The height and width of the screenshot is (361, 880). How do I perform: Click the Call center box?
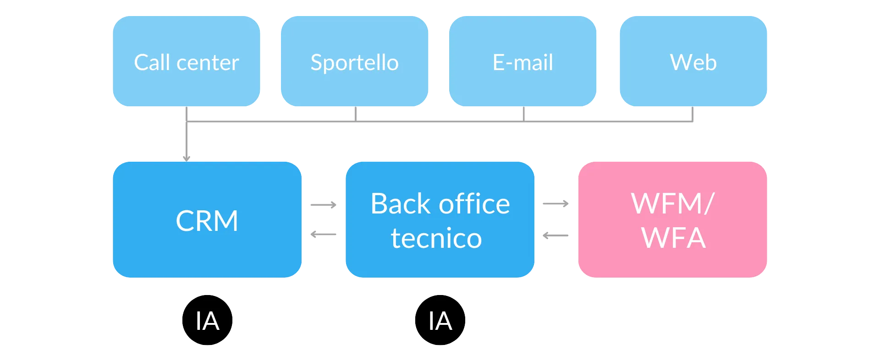click(186, 61)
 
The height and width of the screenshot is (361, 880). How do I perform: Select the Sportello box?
click(354, 61)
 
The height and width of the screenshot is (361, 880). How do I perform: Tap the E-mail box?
click(522, 61)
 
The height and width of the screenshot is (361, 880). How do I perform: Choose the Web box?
click(693, 61)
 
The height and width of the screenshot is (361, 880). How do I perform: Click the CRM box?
click(207, 220)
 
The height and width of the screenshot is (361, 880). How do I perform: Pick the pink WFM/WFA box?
click(672, 220)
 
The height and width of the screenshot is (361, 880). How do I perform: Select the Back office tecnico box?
click(440, 220)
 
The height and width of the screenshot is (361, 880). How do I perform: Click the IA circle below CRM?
click(207, 320)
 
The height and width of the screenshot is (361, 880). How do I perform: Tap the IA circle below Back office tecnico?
click(440, 320)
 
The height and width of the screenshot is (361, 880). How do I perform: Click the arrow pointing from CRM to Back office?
click(323, 205)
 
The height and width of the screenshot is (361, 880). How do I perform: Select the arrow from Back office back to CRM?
click(323, 235)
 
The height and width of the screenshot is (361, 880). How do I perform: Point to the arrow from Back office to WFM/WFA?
click(555, 203)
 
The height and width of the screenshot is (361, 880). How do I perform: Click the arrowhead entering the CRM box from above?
click(186, 157)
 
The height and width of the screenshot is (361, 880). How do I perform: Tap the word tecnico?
click(436, 238)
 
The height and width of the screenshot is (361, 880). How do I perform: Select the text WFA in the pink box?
click(673, 238)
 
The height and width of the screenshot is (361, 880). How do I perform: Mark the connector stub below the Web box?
click(693, 115)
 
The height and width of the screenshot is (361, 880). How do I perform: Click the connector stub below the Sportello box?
click(355, 114)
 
